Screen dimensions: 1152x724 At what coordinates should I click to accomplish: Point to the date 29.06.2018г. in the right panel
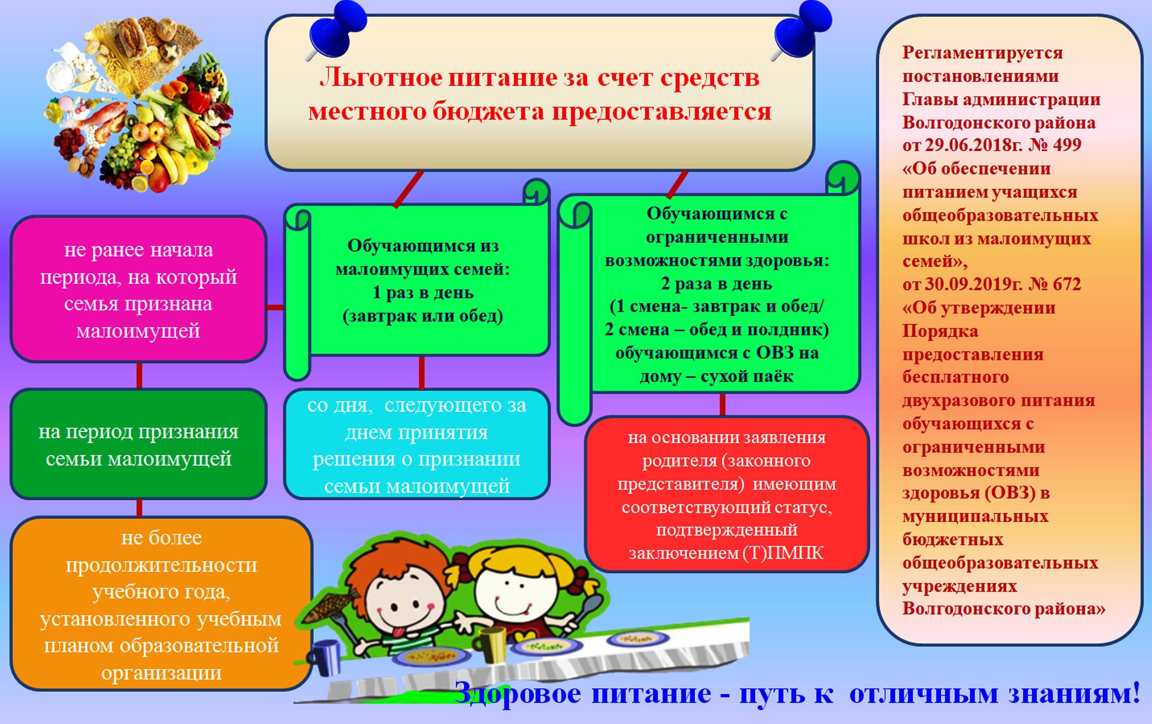point(965,144)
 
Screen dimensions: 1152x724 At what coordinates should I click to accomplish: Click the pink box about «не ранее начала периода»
point(138,289)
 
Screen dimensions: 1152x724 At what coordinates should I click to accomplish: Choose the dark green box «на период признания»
point(138,444)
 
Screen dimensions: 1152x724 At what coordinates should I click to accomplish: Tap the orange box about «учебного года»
point(161,604)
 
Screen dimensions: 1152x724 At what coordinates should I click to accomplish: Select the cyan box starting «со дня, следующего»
point(417,444)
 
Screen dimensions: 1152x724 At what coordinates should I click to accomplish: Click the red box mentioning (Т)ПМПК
point(726,494)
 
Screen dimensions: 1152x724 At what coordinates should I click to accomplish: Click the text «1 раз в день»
point(423,292)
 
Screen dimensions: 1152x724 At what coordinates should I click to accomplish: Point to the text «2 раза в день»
point(716,284)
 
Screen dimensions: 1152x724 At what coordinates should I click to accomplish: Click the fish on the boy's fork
point(331,606)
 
